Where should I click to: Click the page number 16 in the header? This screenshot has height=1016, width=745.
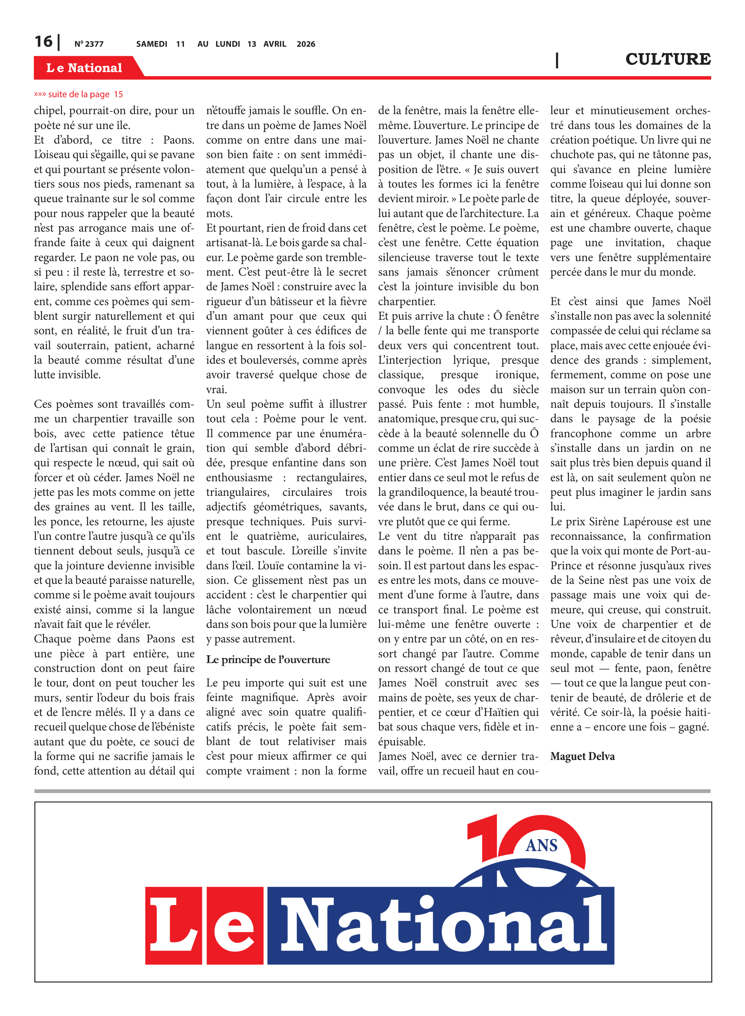pyautogui.click(x=43, y=42)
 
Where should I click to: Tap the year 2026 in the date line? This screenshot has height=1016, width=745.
pyautogui.click(x=305, y=44)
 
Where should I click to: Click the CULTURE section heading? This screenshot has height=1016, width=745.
pyautogui.click(x=667, y=59)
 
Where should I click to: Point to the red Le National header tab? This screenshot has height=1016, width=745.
pyautogui.click(x=84, y=68)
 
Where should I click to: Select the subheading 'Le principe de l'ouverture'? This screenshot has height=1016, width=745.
pyautogui.click(x=268, y=659)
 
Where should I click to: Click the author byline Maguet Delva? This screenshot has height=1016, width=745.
pyautogui.click(x=582, y=756)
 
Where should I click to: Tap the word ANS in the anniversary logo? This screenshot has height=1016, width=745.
pyautogui.click(x=541, y=845)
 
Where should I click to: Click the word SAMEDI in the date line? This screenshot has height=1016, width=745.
pyautogui.click(x=151, y=44)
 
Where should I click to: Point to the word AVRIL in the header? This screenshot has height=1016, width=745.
pyautogui.click(x=275, y=44)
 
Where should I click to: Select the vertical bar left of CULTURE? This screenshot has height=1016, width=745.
pyautogui.click(x=557, y=60)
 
